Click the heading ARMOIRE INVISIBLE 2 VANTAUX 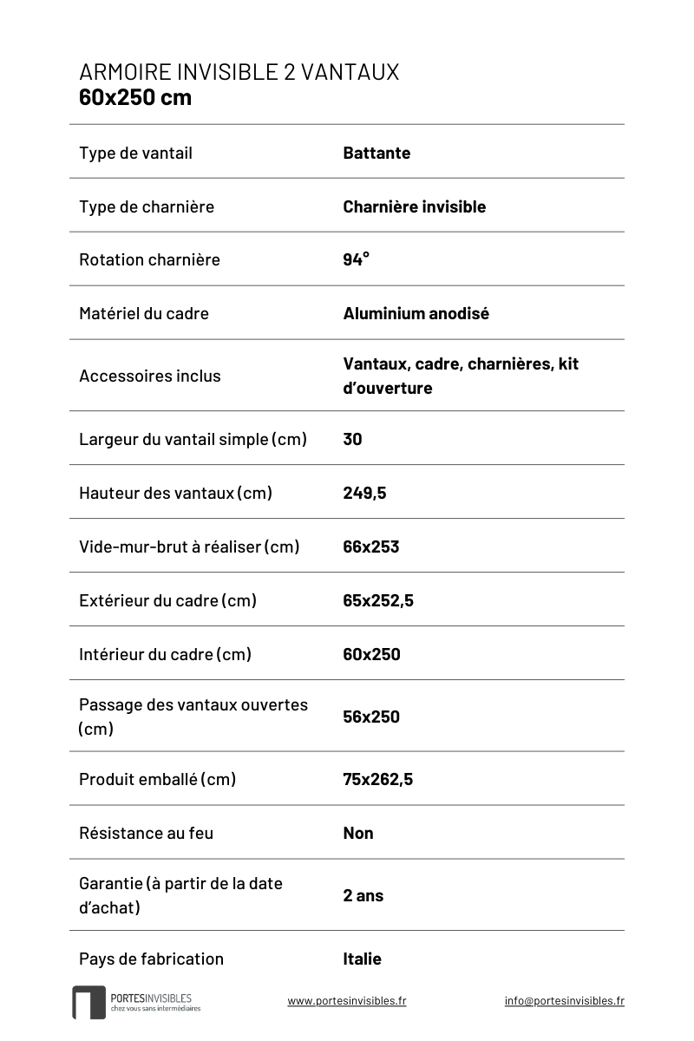click(239, 72)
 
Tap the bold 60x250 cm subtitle click(135, 97)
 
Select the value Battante click(376, 154)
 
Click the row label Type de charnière click(146, 207)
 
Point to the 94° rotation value click(356, 259)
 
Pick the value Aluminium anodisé click(416, 313)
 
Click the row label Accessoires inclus click(149, 376)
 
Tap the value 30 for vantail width click(352, 439)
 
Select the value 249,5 click(364, 493)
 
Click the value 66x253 click(370, 547)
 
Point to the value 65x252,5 click(378, 600)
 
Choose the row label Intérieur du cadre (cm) click(165, 654)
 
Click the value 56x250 click(371, 717)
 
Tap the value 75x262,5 click(377, 779)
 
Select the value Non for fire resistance click(357, 833)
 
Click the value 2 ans click(363, 895)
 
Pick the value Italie click(362, 959)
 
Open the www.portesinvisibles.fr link click(346, 1000)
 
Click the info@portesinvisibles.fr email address click(564, 1000)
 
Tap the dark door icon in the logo click(88, 1002)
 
